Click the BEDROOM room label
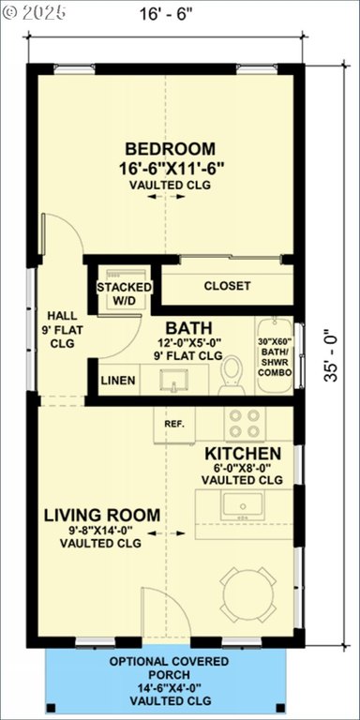(171, 149)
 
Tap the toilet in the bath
(232, 375)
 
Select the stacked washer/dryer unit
(124, 290)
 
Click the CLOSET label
(227, 286)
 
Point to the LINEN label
(118, 381)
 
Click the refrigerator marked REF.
(174, 425)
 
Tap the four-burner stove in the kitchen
(245, 424)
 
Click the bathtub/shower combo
(274, 355)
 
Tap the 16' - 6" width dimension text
(165, 14)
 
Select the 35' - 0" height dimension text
(331, 355)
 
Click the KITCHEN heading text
(243, 454)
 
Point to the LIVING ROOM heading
(102, 516)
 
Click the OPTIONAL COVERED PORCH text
(169, 668)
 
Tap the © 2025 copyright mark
(34, 12)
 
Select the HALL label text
(63, 316)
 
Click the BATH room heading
(188, 328)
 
